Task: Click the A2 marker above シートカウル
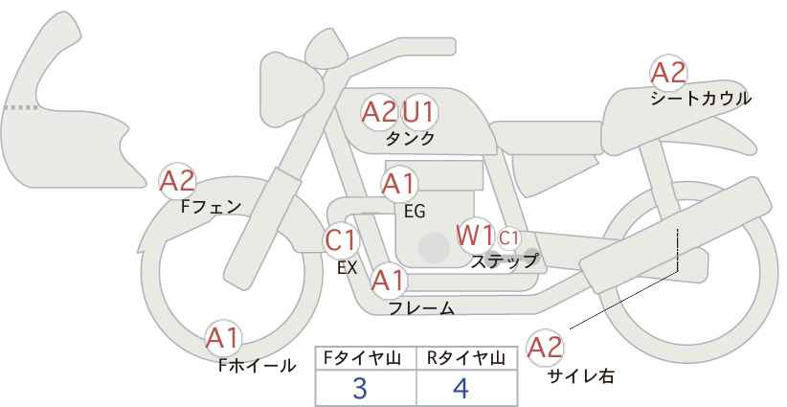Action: click(668, 73)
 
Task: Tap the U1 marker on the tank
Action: click(418, 112)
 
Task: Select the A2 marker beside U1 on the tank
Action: click(379, 112)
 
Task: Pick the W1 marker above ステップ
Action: click(475, 235)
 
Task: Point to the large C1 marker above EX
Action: click(341, 239)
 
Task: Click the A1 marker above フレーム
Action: click(389, 281)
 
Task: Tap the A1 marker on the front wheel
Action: click(224, 337)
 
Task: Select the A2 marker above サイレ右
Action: click(546, 348)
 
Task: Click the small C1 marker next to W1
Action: click(508, 237)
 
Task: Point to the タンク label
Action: click(411, 138)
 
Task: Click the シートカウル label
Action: click(701, 98)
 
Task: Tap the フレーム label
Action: click(421, 308)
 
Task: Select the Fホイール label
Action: click(258, 365)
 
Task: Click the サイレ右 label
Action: click(580, 376)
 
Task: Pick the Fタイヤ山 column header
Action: click(366, 358)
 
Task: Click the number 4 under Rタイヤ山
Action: click(461, 388)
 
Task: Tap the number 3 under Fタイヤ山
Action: click(360, 388)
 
